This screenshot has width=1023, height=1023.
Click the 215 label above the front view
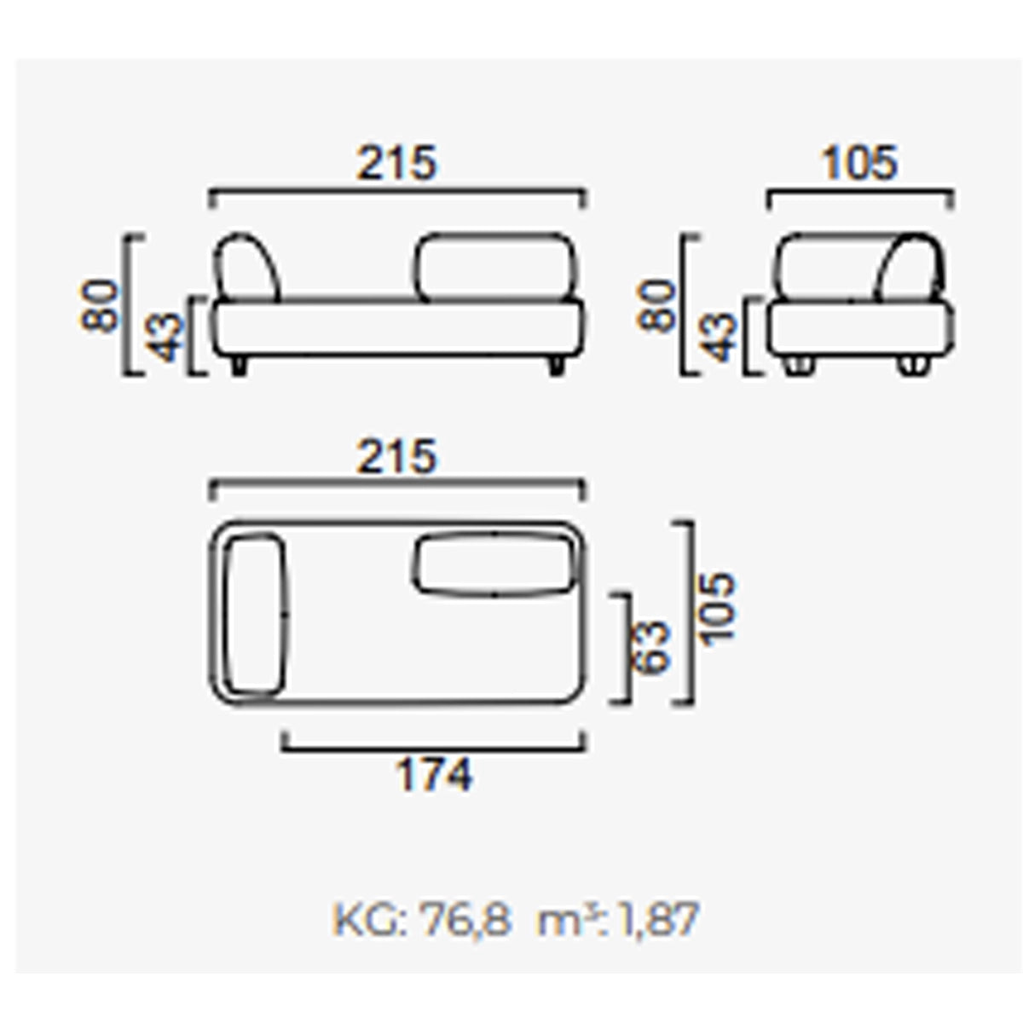397,163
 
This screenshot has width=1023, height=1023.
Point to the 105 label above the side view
859,163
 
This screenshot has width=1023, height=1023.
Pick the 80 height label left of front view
99,306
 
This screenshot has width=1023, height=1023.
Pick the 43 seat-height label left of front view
164,338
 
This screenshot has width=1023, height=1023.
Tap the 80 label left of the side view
656,306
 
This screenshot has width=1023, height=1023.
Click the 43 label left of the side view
720,338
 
